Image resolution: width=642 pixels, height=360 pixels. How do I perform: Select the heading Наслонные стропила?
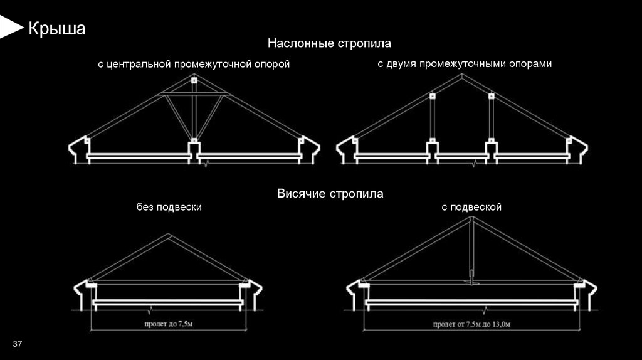coord(329,44)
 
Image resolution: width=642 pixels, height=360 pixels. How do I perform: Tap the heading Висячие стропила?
coord(330,194)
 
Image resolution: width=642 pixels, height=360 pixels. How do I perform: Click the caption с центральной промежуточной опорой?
coord(193,65)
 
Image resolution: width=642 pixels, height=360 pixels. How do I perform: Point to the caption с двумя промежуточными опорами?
coord(465,64)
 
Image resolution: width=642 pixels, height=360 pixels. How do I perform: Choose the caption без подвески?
coord(169,207)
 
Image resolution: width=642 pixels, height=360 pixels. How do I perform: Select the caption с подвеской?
coord(471,207)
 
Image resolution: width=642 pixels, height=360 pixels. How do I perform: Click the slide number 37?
coord(18,344)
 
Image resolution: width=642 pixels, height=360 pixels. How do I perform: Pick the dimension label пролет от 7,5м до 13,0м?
coord(471,324)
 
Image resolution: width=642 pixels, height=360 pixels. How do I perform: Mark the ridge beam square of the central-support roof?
coord(194,81)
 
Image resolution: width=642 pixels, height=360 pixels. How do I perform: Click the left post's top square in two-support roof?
coord(432,97)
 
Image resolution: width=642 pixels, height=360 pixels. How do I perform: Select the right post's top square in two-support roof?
coord(491,97)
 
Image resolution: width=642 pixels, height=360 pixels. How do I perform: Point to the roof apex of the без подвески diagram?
coord(166,235)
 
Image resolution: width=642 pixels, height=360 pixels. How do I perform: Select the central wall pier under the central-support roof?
coord(194,151)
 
